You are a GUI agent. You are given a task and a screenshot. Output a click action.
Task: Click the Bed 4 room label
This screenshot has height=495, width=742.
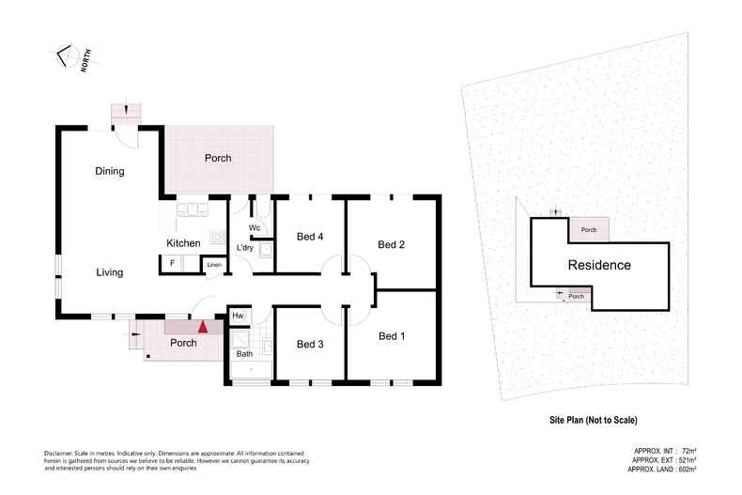point(309,236)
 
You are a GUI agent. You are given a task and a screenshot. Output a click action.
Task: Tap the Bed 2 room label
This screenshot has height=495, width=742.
point(391,245)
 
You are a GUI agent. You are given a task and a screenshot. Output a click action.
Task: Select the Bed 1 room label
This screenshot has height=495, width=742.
point(391,335)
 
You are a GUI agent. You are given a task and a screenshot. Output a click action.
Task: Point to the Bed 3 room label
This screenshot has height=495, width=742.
point(309,345)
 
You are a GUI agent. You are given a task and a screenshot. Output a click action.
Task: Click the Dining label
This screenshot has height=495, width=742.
point(110,171)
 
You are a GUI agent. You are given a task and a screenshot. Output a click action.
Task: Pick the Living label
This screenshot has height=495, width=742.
point(110,272)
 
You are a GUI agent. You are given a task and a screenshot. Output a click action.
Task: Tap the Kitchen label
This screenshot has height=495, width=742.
point(183,244)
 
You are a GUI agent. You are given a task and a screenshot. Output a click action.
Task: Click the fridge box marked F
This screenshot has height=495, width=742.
point(172,264)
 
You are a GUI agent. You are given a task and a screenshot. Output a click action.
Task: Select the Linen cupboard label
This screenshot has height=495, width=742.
point(214,265)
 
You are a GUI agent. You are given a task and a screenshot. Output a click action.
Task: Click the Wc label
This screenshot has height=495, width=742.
point(255,228)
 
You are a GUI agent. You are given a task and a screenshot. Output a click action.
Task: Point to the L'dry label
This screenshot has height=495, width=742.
point(245,248)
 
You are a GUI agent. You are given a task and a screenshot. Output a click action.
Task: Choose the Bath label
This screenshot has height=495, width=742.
point(244,354)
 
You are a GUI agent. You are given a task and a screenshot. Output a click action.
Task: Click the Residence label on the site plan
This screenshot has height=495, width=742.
point(598,265)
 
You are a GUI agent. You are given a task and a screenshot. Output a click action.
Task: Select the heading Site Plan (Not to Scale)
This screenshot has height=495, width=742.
point(598,420)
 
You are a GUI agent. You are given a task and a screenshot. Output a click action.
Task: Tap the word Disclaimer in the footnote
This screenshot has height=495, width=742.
point(60,453)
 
